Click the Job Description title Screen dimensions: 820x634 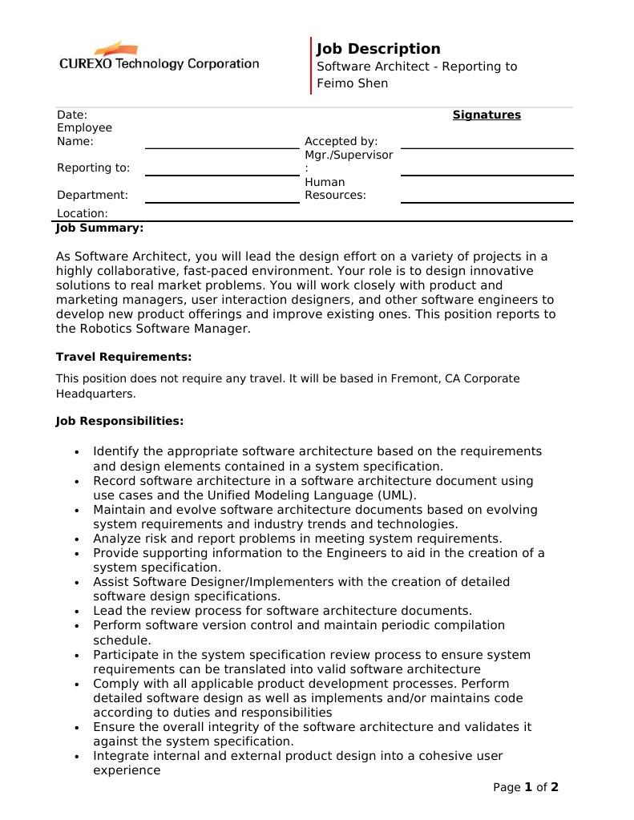click(378, 49)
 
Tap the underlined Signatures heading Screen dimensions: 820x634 click(487, 115)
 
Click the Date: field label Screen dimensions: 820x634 click(72, 115)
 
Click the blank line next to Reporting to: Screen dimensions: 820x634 click(221, 174)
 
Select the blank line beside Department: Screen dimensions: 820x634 click(221, 202)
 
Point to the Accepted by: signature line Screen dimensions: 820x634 click(487, 147)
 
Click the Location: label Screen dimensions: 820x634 click(82, 213)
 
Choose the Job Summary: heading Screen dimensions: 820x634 click(99, 228)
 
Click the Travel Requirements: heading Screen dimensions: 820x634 click(123, 357)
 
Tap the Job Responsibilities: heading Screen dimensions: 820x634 click(119, 421)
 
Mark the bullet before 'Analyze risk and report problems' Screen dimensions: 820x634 click(76, 539)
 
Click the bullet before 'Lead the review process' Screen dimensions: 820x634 click(76, 612)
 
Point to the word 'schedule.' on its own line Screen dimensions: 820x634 click(122, 640)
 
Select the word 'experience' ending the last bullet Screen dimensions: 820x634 click(127, 770)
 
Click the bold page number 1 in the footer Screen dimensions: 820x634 click(529, 787)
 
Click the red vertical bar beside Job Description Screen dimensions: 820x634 click(311, 66)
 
